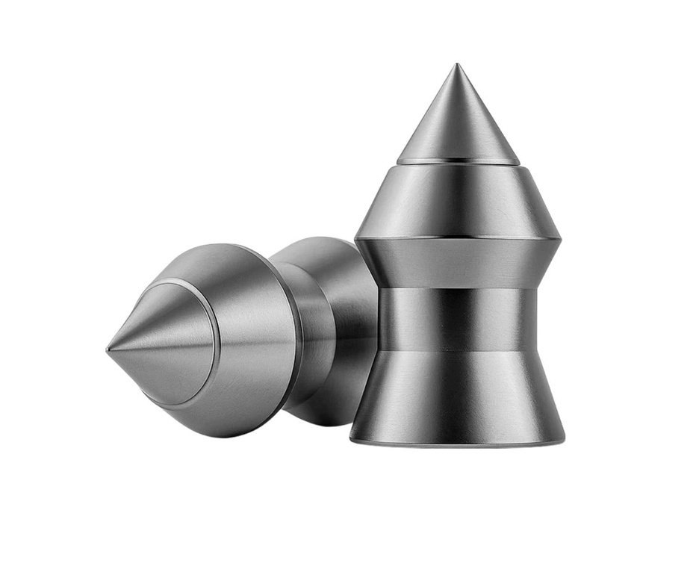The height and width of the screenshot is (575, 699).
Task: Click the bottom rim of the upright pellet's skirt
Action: point(458,444)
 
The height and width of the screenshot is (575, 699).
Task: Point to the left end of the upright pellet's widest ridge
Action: point(356,238)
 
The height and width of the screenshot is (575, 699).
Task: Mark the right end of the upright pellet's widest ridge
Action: point(560,240)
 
